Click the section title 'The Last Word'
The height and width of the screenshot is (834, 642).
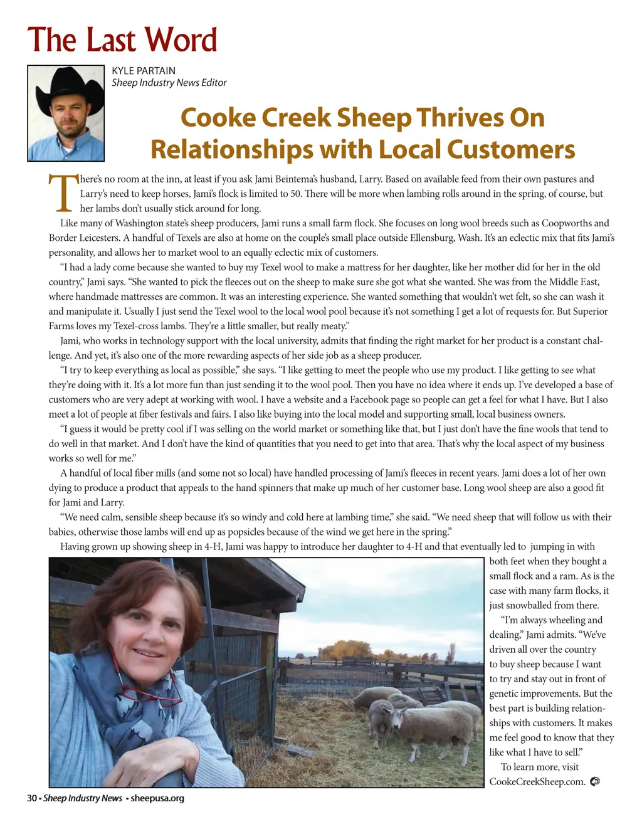click(x=122, y=40)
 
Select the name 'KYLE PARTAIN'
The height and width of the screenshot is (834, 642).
click(x=144, y=71)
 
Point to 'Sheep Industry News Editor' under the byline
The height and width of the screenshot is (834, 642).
click(x=169, y=83)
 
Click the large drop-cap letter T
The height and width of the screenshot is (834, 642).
click(x=63, y=194)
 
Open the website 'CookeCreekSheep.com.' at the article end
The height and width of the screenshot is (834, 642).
click(x=537, y=781)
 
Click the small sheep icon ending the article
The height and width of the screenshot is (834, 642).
click(x=595, y=781)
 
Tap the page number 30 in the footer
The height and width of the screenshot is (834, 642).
click(x=32, y=798)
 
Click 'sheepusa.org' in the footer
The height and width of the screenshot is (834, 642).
click(x=157, y=798)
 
